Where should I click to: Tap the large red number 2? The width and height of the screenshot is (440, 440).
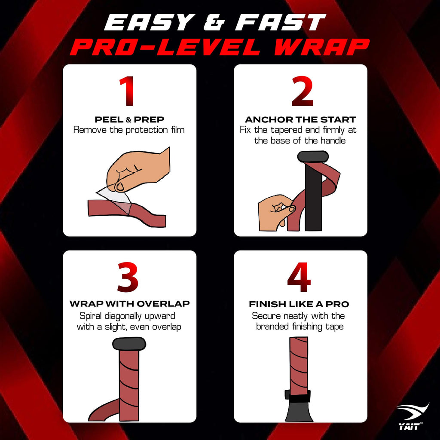point(302,92)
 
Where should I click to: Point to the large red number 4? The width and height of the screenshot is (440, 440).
point(299,278)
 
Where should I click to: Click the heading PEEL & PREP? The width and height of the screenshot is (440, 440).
point(129,119)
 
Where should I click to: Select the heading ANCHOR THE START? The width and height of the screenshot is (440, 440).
point(300,119)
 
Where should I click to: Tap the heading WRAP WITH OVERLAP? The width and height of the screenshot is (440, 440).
point(129,304)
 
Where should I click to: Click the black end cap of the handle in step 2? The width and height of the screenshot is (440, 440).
point(313,156)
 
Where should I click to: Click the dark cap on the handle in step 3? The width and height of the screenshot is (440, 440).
point(129,343)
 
